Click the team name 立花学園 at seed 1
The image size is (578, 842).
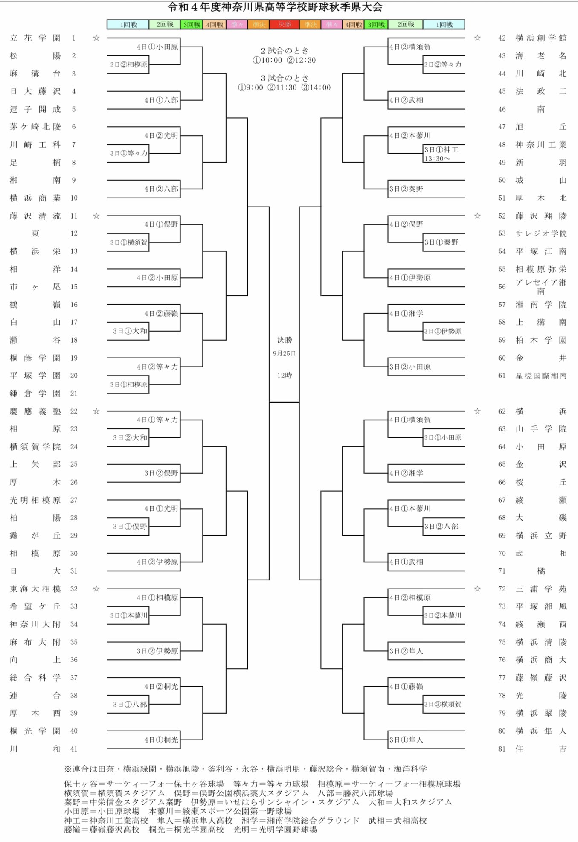pyautogui.click(x=35, y=38)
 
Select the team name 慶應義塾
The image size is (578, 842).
pyautogui.click(x=35, y=411)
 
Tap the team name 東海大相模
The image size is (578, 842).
pyautogui.click(x=35, y=589)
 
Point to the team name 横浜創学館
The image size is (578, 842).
pyautogui.click(x=541, y=38)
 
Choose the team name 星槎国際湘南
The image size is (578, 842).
pyautogui.click(x=541, y=376)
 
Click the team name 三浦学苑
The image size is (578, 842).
pyautogui.click(x=541, y=589)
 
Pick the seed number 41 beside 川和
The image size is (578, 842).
pyautogui.click(x=74, y=749)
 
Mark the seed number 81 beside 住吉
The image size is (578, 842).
pyautogui.click(x=502, y=749)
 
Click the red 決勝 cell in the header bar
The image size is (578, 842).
pyautogui.click(x=285, y=25)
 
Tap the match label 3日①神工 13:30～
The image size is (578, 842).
pyautogui.click(x=441, y=154)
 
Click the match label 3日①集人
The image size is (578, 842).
pyautogui.click(x=406, y=740)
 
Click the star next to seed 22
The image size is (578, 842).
pyautogui.click(x=96, y=411)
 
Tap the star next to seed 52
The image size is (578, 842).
pyautogui.click(x=477, y=216)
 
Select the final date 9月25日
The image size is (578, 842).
pyautogui.click(x=285, y=354)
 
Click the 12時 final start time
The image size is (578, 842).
pyautogui.click(x=285, y=376)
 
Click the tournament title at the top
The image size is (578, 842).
pyautogui.click(x=275, y=7)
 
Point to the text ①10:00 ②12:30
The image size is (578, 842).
pyautogui.click(x=285, y=61)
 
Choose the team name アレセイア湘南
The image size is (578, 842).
pyautogui.click(x=541, y=287)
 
